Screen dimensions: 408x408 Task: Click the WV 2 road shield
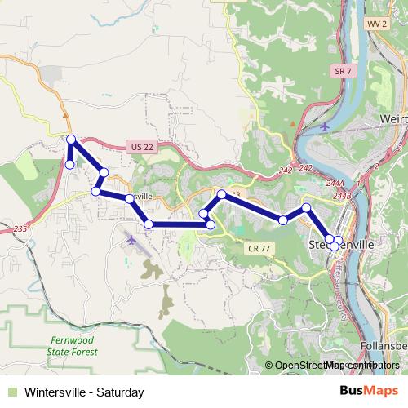tap(375, 25)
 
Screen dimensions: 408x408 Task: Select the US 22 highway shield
tap(141, 147)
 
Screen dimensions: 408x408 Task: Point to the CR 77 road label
tap(257, 246)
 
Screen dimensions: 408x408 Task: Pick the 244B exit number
tap(341, 196)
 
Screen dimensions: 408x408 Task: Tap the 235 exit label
tap(20, 231)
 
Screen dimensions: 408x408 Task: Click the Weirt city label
tap(393, 118)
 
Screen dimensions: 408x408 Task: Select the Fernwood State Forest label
tap(73, 345)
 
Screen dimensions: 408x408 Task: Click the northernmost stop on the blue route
tap(72, 140)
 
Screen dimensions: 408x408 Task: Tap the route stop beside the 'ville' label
tap(129, 198)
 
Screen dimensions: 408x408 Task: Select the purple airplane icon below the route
tap(133, 240)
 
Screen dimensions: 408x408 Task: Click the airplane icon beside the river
tap(326, 127)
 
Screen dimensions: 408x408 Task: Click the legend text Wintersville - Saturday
tap(84, 392)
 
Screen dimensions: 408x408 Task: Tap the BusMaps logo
tap(365, 391)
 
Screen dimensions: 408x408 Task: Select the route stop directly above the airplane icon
tap(148, 224)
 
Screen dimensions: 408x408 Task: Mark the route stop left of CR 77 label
tap(211, 224)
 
